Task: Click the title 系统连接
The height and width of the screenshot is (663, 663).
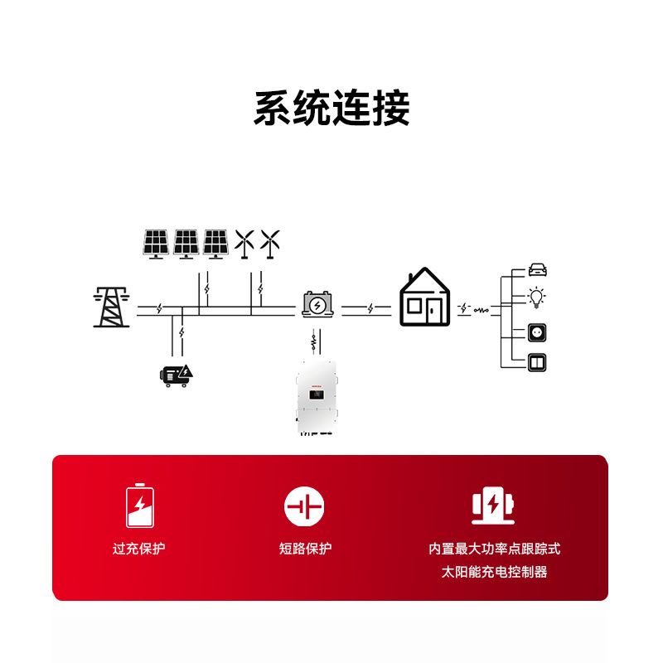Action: [x=331, y=109]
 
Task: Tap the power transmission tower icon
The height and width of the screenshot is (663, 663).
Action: [x=111, y=307]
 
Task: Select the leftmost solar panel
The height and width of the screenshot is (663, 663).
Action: [x=156, y=244]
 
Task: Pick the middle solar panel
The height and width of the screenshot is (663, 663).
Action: [x=186, y=244]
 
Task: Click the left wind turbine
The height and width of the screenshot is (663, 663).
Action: [x=244, y=244]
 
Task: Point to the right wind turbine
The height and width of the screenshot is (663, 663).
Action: [x=269, y=244]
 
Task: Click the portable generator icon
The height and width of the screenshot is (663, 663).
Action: [x=177, y=375]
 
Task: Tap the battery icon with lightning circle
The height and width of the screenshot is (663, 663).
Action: [x=318, y=304]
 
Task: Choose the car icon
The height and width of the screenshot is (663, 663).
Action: [x=539, y=269]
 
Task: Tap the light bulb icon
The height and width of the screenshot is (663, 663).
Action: [x=538, y=297]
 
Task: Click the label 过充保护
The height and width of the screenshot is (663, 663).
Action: [x=139, y=549]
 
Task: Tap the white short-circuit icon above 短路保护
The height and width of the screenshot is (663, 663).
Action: [x=304, y=506]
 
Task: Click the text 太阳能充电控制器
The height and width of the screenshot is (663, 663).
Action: [x=494, y=572]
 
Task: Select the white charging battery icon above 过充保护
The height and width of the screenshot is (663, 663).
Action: [x=139, y=506]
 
